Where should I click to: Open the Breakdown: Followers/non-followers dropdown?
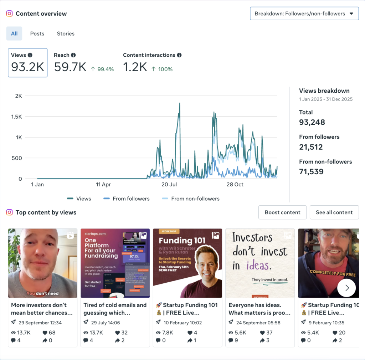coord(304,14)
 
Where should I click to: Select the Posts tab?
coord(37,34)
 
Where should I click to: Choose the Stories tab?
coord(66,34)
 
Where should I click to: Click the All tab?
coord(14,34)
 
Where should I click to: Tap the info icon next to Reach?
coord(73,55)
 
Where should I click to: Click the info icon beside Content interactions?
coord(179,55)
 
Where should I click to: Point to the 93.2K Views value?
coord(27,67)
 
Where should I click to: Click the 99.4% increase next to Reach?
coord(102,69)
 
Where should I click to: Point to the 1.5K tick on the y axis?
coord(16,117)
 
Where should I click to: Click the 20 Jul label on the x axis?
coord(169,185)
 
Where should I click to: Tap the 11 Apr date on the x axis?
coord(103,185)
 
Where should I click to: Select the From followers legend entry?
coord(127,199)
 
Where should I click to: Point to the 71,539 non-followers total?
coord(311,172)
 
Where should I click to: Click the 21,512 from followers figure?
coord(311,147)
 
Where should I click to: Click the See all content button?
coord(334,212)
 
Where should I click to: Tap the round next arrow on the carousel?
coord(346,288)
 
